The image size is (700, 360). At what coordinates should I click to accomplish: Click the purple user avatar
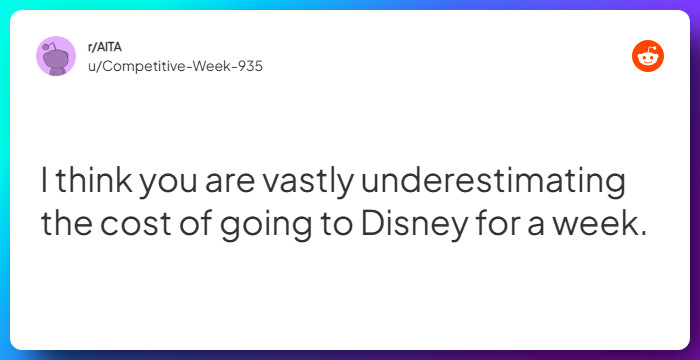tap(56, 56)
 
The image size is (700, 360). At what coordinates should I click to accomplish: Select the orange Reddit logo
tap(648, 57)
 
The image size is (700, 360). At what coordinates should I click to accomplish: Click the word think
tap(93, 184)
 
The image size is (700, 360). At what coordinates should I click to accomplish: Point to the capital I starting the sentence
tap(45, 184)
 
